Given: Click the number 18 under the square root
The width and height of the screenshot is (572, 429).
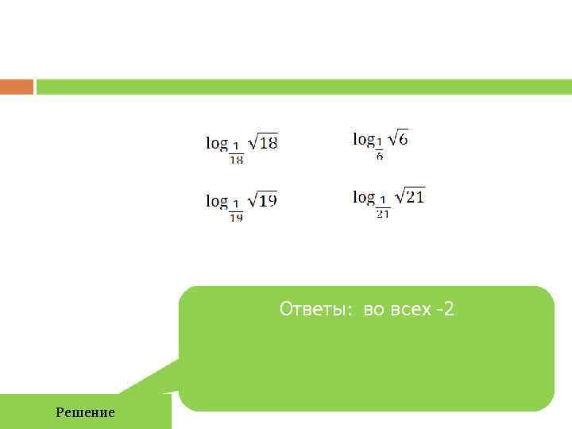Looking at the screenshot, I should pyautogui.click(x=269, y=144).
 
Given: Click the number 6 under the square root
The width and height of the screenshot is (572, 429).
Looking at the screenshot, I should pyautogui.click(x=403, y=140).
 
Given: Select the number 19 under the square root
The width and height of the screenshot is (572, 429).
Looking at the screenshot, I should pyautogui.click(x=269, y=201).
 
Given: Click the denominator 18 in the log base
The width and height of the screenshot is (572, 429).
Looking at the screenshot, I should pyautogui.click(x=237, y=160).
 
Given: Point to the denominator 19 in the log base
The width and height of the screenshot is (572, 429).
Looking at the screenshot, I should pyautogui.click(x=237, y=218).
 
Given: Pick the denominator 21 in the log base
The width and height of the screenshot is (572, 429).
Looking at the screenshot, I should pyautogui.click(x=382, y=214).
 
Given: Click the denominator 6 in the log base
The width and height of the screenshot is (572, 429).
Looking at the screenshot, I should pyautogui.click(x=380, y=157).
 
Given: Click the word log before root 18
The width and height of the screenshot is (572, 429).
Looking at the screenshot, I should pyautogui.click(x=217, y=143).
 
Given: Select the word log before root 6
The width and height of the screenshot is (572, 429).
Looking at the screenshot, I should pyautogui.click(x=363, y=139).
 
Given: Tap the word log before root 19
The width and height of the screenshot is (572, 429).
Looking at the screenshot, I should pyautogui.click(x=217, y=201).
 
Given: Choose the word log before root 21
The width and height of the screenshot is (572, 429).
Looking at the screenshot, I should pyautogui.click(x=364, y=196).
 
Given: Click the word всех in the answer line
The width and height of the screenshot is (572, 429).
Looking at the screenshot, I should pyautogui.click(x=409, y=309).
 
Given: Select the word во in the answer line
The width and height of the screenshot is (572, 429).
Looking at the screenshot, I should pyautogui.click(x=373, y=309).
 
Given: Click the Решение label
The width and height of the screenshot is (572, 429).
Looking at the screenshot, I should pyautogui.click(x=85, y=412).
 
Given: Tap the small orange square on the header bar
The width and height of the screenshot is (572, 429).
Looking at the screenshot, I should pyautogui.click(x=17, y=87).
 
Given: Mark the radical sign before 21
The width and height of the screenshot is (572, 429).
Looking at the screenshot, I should pyautogui.click(x=400, y=195).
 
